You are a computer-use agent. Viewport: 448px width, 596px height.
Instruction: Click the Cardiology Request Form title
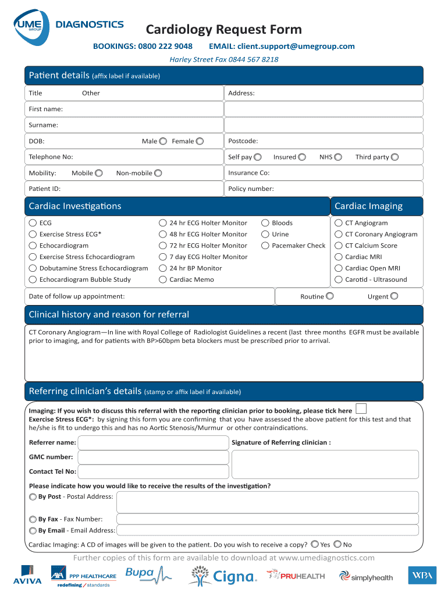coord(223,29)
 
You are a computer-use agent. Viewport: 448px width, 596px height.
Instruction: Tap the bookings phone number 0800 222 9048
coord(165,47)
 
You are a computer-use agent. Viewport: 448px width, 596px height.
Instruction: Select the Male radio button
coord(163,141)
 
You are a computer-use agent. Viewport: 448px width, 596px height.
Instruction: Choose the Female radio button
coord(200,141)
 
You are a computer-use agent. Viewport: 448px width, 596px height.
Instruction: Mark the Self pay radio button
coord(258,157)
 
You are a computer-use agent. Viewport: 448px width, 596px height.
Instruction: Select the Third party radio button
coord(395,157)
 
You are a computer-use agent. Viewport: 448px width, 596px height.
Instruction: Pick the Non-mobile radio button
coord(158,173)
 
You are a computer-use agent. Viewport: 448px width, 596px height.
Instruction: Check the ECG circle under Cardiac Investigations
coord(33,223)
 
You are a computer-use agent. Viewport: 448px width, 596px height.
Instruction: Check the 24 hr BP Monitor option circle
coord(163,268)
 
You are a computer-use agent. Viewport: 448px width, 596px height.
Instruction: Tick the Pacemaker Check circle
coord(265,246)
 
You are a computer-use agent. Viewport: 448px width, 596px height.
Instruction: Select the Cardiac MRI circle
coord(339,257)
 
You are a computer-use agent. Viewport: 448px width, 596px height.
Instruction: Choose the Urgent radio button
coord(394,296)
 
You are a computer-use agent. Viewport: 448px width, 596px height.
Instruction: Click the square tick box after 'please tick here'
coord(361,409)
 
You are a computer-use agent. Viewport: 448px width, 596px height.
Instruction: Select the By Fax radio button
coord(33,519)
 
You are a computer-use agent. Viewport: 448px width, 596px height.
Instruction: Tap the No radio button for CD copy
coord(337,545)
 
